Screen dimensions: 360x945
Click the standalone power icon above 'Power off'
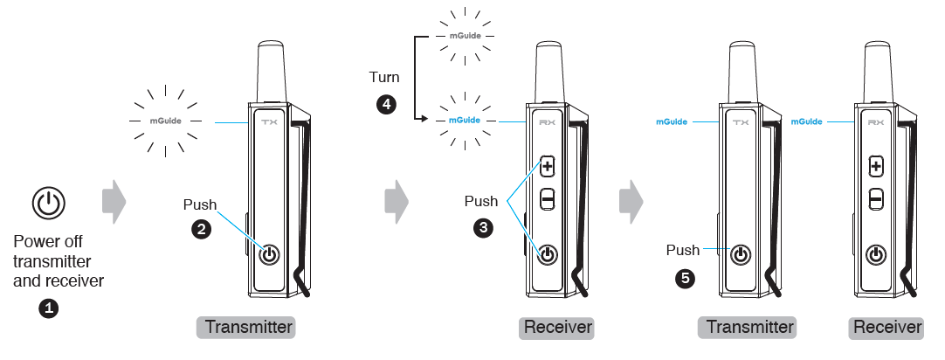[49, 204]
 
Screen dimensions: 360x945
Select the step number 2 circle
[201, 231]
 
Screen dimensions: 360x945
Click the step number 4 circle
[384, 105]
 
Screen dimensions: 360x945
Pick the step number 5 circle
[686, 279]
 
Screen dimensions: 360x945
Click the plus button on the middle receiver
[548, 165]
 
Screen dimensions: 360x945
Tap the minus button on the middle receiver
[548, 199]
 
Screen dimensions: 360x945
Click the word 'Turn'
[384, 77]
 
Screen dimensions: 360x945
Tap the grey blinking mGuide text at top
[464, 37]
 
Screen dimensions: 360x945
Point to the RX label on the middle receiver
[547, 123]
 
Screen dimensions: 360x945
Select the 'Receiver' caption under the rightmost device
[887, 328]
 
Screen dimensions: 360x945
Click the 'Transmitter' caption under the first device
[249, 328]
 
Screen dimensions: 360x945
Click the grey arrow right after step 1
[114, 203]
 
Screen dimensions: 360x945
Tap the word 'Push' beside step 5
[683, 250]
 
